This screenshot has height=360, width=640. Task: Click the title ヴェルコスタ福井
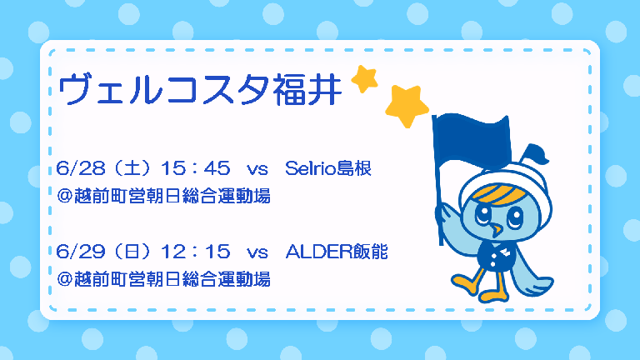pyautogui.click(x=200, y=89)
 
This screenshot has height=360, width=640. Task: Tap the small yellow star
pyautogui.click(x=364, y=79)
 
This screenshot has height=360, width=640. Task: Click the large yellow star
pyautogui.click(x=407, y=106)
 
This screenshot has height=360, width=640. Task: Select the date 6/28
pyautogui.click(x=81, y=168)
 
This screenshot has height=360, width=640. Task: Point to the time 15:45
pyautogui.click(x=196, y=168)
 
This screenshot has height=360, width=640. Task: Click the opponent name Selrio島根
pyautogui.click(x=328, y=168)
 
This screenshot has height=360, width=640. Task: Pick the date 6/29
pyautogui.click(x=81, y=252)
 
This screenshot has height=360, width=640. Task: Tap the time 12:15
pyautogui.click(x=196, y=252)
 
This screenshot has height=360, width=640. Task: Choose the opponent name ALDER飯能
pyautogui.click(x=337, y=252)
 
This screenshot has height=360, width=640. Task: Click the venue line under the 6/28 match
pyautogui.click(x=163, y=196)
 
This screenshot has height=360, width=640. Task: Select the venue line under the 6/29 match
pyautogui.click(x=163, y=279)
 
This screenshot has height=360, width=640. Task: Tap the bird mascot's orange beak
pyautogui.click(x=497, y=230)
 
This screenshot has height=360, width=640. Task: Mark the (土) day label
pyautogui.click(x=133, y=168)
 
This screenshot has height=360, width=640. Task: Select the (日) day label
pyautogui.click(x=133, y=252)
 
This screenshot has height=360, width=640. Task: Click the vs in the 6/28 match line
pyautogui.click(x=257, y=169)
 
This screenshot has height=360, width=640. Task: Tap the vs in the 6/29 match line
pyautogui.click(x=257, y=252)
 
